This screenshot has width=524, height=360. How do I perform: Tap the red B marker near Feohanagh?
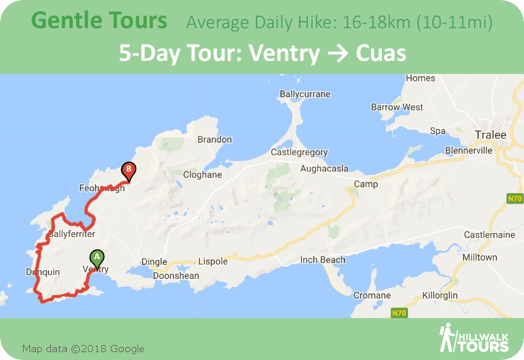129,170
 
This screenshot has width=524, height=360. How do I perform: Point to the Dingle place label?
155,262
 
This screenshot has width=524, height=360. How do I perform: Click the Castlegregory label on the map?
299,153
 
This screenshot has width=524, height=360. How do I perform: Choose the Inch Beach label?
323,260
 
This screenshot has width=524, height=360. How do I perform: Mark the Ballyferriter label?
72,234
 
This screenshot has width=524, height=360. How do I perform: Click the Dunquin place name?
43,272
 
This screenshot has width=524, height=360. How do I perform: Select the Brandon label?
215,139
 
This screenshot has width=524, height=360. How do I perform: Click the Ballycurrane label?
305,94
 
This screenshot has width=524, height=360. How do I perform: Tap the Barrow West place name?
397,107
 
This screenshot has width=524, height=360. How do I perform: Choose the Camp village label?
365,184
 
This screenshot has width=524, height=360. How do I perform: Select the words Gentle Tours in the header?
99,20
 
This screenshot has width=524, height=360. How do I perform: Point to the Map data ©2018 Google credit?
83,348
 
